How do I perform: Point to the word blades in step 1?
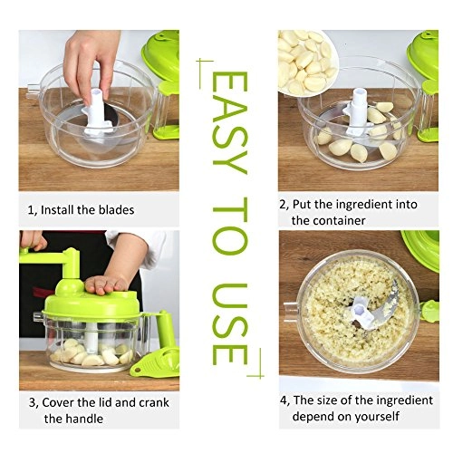click(x=116, y=210)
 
